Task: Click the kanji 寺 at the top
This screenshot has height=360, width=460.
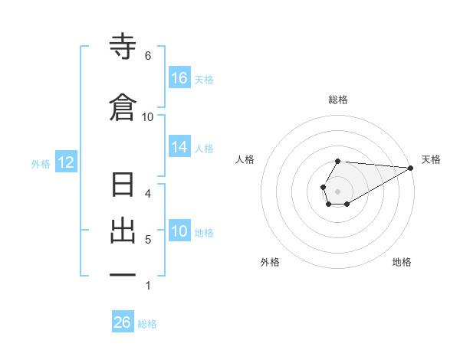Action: [x=123, y=47]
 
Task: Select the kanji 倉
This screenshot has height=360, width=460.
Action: [x=123, y=108]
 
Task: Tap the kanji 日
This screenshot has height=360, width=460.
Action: [x=123, y=185]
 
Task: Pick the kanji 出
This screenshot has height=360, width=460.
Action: [x=123, y=231]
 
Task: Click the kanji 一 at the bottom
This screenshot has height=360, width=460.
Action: [x=123, y=274]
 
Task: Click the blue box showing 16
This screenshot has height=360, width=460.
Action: [x=179, y=78]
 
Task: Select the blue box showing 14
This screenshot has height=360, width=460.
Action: [x=179, y=147]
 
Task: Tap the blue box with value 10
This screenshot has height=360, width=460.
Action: [x=179, y=232]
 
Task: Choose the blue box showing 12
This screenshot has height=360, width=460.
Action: [x=65, y=162]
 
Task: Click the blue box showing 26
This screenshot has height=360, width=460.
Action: [x=123, y=322]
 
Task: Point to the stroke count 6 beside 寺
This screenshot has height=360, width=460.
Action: [x=147, y=56]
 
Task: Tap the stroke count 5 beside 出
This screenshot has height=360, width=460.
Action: [x=147, y=240]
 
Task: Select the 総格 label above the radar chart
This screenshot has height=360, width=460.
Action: [x=338, y=100]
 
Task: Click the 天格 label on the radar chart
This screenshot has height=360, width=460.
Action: [x=431, y=159]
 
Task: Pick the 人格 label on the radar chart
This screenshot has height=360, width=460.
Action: [x=245, y=159]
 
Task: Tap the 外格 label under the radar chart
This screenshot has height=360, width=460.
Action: [x=270, y=262]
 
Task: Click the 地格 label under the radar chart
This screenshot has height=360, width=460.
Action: [x=402, y=262]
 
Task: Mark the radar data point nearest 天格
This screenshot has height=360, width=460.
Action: [x=411, y=168]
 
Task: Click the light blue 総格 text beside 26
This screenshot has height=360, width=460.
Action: [x=147, y=324]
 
